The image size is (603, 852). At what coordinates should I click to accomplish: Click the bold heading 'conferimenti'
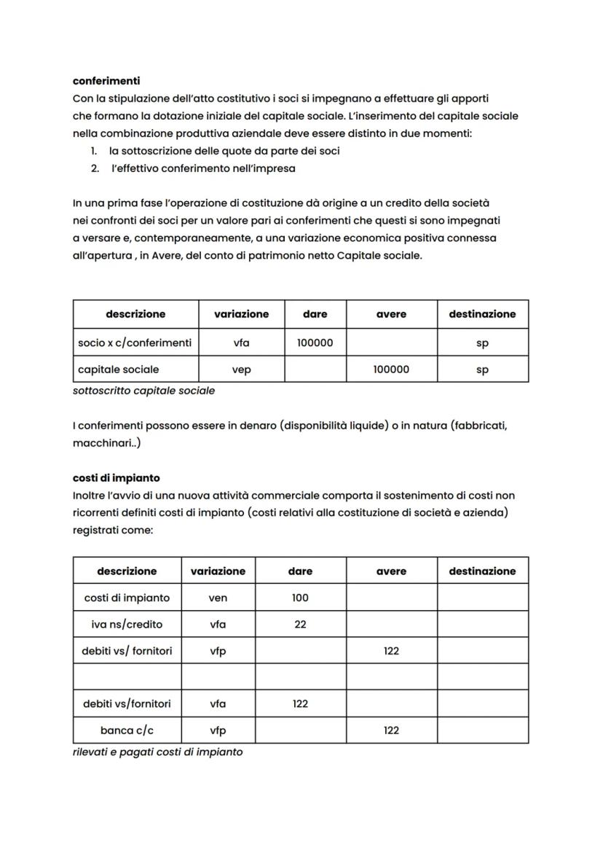[106, 81]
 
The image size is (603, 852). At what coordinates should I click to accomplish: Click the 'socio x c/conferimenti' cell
[135, 343]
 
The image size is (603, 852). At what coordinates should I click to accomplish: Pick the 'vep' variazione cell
[241, 370]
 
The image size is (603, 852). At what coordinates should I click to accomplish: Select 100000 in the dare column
[315, 343]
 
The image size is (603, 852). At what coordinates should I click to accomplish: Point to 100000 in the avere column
[391, 370]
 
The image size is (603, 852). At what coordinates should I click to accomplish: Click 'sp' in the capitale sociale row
[482, 370]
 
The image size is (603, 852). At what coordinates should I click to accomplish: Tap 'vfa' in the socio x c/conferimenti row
[241, 343]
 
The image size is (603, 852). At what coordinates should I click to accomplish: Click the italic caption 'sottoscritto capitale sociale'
[144, 391]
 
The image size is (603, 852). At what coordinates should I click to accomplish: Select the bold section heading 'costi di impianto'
[116, 478]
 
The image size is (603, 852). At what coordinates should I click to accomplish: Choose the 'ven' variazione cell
[218, 598]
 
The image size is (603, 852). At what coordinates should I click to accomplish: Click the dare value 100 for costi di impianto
[300, 598]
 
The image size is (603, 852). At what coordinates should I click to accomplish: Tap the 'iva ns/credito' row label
[127, 625]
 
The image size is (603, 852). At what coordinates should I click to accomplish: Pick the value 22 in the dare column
[300, 625]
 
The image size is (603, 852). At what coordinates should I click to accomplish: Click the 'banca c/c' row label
[127, 730]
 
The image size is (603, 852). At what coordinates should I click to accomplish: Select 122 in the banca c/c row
[391, 730]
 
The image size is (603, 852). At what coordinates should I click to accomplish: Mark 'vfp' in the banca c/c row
[218, 730]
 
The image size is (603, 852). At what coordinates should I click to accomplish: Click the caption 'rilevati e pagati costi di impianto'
[158, 752]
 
